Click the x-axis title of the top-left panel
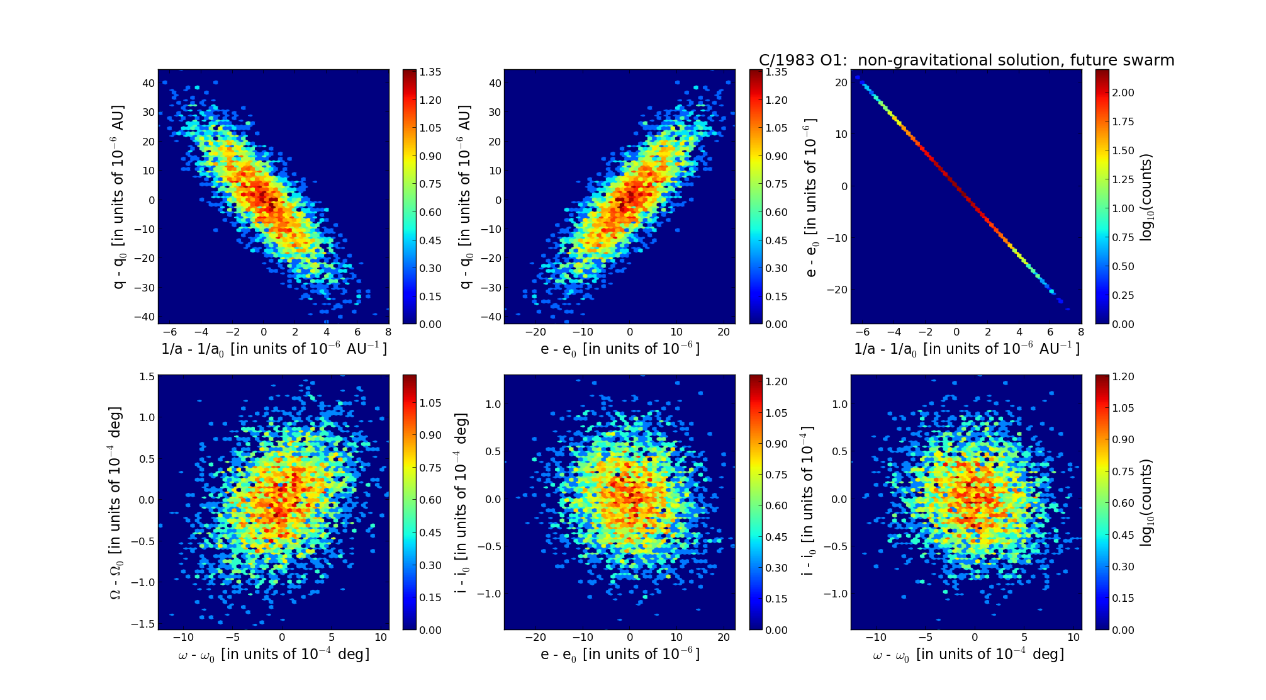(274, 349)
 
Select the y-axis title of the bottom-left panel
(116, 502)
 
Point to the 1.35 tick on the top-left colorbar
(430, 72)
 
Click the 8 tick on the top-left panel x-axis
(388, 332)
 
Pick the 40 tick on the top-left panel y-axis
(148, 83)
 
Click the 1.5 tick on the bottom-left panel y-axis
(147, 376)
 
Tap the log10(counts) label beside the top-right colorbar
(1146, 197)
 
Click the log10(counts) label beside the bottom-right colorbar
(1146, 502)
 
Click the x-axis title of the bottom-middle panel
(620, 654)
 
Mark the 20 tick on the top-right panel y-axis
(841, 82)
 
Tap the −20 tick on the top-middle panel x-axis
(535, 332)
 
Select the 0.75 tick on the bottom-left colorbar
(430, 468)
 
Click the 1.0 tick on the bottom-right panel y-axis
(839, 404)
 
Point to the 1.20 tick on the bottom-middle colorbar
(776, 381)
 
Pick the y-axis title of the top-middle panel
(465, 197)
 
